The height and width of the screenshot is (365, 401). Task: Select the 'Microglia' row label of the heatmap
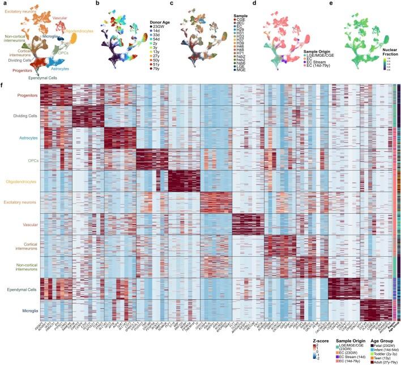click(x=25, y=310)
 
